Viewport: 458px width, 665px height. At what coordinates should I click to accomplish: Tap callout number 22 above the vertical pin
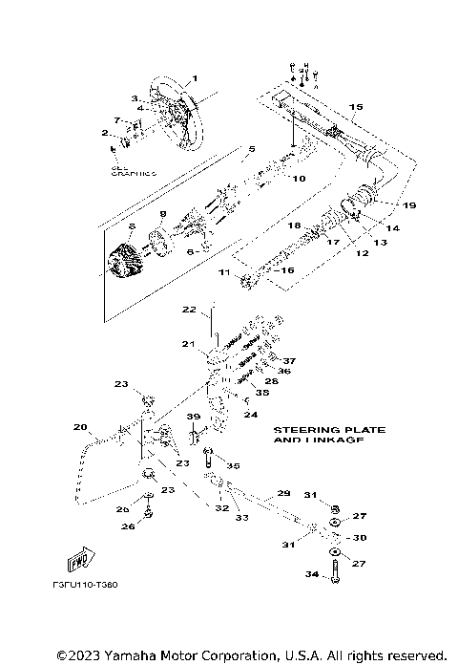pos(189,310)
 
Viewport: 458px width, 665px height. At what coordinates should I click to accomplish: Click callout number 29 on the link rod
pos(282,494)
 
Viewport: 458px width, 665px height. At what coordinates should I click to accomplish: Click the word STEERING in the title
pos(302,431)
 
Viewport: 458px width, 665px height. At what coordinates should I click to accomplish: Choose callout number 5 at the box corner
pos(252,149)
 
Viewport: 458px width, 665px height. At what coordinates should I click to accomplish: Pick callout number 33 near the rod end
pos(240,518)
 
